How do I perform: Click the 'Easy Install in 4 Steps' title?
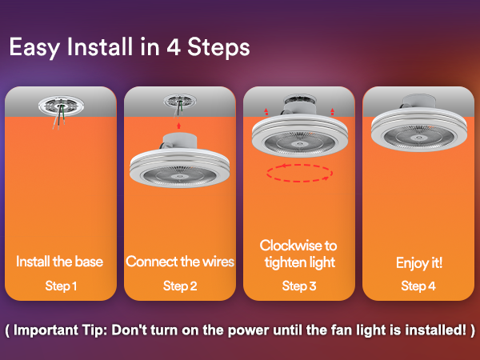[130, 47]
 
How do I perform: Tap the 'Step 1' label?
[61, 286]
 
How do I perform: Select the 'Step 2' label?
[180, 286]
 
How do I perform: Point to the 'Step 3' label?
[299, 286]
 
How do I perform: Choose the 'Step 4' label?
[418, 286]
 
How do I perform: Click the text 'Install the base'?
[60, 262]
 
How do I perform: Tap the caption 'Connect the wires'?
[180, 262]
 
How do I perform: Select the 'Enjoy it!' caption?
[419, 263]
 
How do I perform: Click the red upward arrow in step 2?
[178, 126]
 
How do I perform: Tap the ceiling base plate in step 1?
[62, 106]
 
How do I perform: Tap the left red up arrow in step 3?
[266, 111]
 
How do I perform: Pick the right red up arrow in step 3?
[333, 111]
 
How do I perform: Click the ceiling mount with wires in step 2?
[180, 105]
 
